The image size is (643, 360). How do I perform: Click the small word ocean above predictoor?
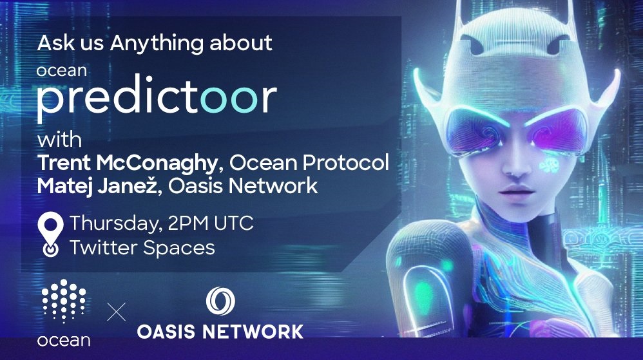[61, 71]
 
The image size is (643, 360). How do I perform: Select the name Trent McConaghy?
[127, 163]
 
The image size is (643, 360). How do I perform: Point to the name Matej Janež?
[97, 185]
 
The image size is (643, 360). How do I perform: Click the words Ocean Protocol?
[309, 163]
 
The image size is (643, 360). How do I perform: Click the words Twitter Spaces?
[142, 247]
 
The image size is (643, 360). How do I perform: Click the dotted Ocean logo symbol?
[64, 301]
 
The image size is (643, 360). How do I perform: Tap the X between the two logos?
[117, 312]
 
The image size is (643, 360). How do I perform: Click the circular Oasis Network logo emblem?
[220, 301]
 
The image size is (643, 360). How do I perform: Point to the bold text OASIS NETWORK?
[220, 331]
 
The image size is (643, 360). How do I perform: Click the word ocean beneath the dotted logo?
[64, 340]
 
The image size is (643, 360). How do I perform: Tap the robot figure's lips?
[516, 191]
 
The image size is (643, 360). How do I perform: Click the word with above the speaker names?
[59, 140]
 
